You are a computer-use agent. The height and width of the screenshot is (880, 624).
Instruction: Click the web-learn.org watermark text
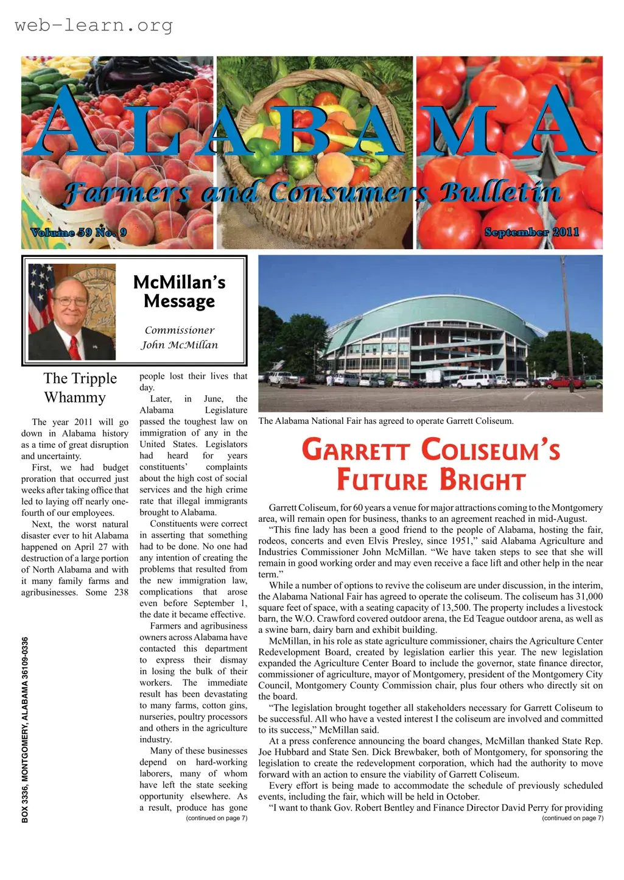[93, 26]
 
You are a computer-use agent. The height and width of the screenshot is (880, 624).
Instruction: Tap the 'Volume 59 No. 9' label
[79, 232]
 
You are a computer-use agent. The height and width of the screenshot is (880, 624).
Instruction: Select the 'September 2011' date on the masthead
[531, 232]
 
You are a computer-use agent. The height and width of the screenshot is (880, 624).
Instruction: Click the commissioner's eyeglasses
[71, 301]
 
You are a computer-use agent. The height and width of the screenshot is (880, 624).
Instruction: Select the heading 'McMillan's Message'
[179, 292]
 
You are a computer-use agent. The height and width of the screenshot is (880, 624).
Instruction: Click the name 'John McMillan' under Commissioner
[179, 345]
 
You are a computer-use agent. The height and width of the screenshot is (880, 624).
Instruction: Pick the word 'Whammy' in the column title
[75, 398]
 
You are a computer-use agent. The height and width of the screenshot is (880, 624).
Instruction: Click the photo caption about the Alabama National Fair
[386, 421]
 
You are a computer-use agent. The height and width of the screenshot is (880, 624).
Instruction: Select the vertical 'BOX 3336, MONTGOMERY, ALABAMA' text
[25, 730]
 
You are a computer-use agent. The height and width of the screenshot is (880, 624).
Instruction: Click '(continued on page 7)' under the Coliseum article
[572, 818]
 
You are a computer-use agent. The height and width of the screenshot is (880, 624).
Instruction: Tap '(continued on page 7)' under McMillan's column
[216, 818]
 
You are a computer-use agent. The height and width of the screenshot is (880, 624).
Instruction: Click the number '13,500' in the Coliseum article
[453, 608]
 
